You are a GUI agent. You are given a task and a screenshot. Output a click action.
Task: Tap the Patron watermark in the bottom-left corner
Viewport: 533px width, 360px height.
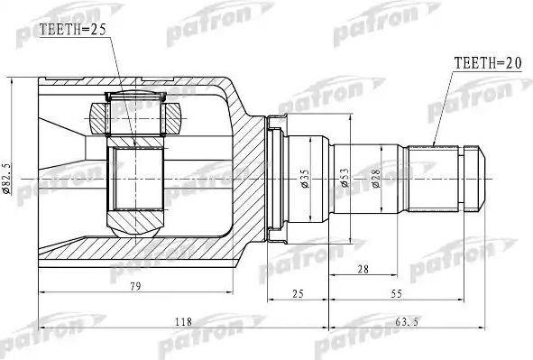[x=41, y=334]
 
